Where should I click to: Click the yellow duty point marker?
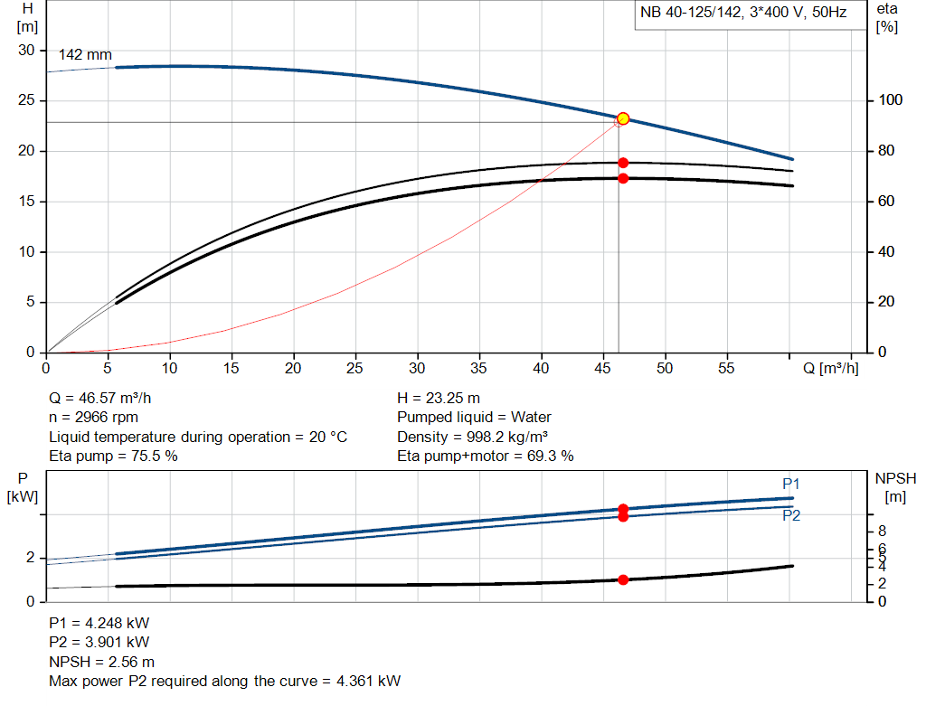623,119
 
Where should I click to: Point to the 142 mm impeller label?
85,55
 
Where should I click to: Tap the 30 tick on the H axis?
26,51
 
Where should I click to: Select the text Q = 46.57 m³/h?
107,399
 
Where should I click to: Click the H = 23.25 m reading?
439,399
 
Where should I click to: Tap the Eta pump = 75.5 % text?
113,456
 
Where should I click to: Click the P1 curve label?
791,485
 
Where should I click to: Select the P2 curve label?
791,516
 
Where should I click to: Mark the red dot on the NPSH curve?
623,579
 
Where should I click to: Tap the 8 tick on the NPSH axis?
882,531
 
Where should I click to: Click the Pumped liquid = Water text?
474,418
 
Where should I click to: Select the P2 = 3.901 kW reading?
99,643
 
